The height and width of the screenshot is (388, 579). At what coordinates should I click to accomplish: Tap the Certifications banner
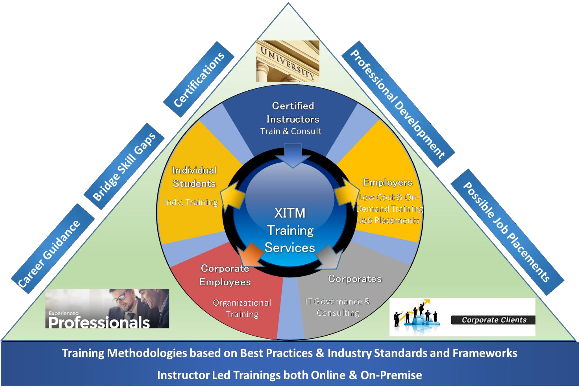coord(199,79)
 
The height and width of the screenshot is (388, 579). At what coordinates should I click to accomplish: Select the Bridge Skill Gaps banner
coord(124,167)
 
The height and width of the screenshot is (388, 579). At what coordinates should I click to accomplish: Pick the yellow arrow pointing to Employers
coord(347,193)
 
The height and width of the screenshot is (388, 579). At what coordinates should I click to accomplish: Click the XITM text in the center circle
coord(290,213)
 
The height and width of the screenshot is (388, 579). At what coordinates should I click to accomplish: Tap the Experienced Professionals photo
coord(107,309)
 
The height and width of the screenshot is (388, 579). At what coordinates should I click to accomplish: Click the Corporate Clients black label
coord(494,320)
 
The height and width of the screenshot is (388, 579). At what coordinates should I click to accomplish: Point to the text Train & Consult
coord(291,131)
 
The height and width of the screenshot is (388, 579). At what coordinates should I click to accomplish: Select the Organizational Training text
coord(242,308)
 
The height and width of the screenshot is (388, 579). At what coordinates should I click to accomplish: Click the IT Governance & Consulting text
coord(338,307)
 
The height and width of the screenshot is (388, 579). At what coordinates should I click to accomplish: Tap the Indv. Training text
coord(191,202)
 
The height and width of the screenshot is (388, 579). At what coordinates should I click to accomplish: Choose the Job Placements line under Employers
coord(389,220)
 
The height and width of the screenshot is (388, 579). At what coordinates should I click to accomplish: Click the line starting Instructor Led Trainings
coord(289,375)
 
